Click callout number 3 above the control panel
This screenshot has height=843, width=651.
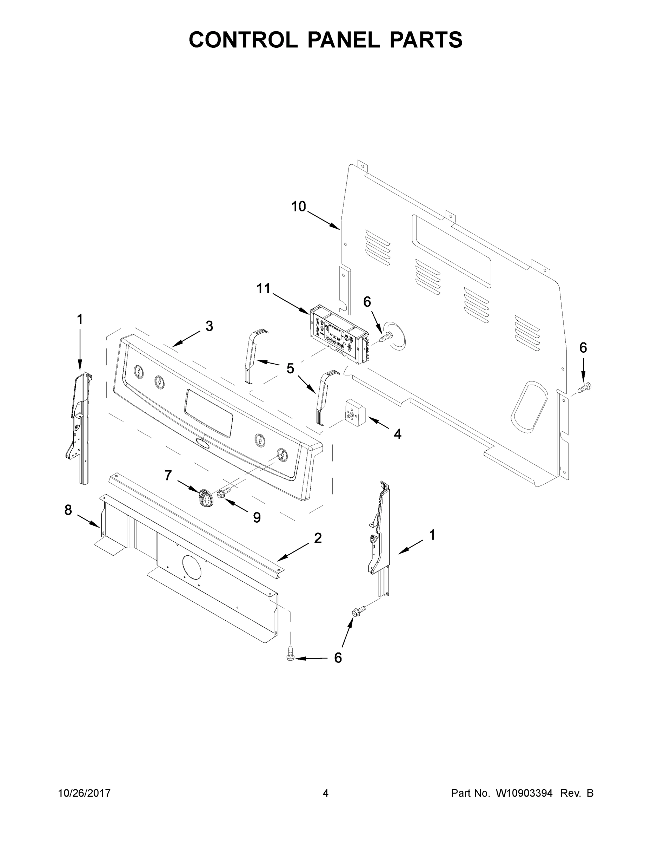[209, 326]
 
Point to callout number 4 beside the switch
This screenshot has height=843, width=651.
[397, 434]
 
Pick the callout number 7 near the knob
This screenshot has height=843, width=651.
[168, 475]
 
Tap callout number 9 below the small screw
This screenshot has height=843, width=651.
[257, 518]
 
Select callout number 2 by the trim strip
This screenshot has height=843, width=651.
[318, 538]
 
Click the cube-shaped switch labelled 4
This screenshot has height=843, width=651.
[354, 413]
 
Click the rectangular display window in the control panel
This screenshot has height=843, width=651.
[209, 413]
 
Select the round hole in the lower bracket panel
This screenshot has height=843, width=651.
[191, 567]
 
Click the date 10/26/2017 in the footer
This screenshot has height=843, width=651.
[84, 793]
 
